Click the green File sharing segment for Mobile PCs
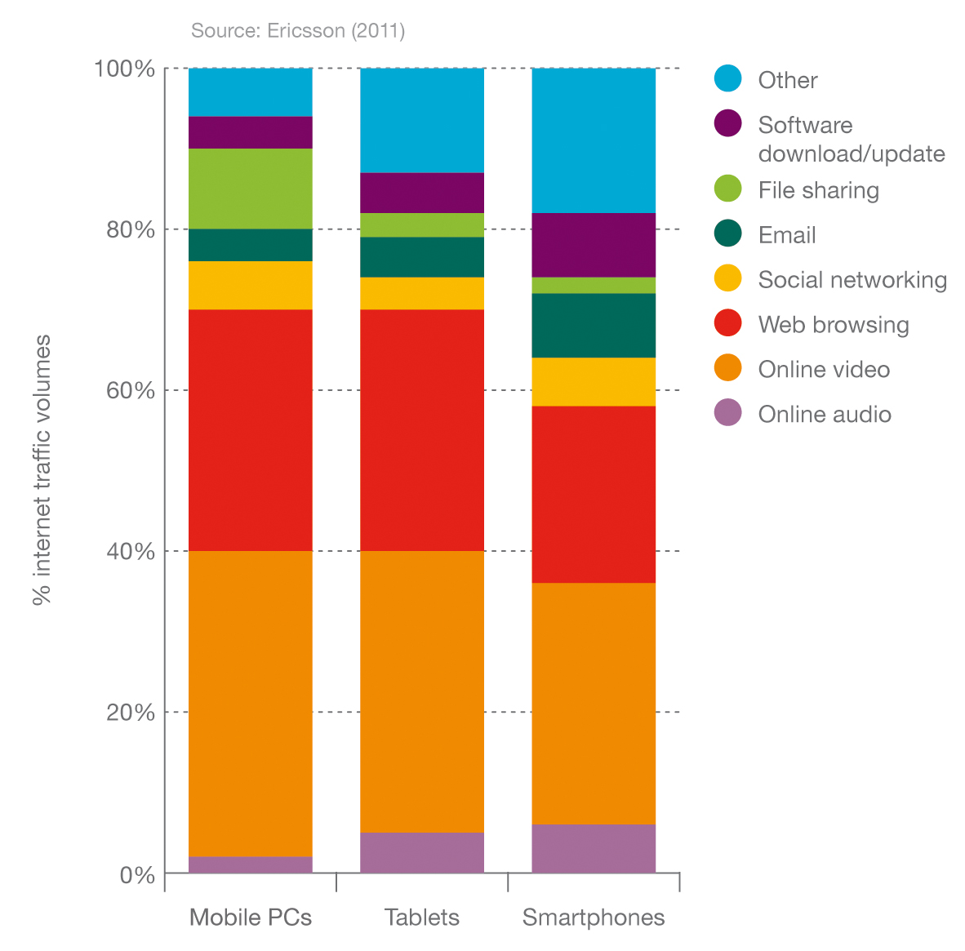point(250,189)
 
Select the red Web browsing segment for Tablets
point(422,430)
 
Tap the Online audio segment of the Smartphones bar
point(594,848)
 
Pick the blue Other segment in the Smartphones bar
point(594,140)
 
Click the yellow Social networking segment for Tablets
point(422,293)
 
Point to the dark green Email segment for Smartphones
point(594,325)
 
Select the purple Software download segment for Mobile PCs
point(250,132)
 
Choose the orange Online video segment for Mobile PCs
point(250,704)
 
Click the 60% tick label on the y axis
point(130,390)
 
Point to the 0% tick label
point(137,875)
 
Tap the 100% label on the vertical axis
point(125,69)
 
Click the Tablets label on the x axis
point(422,918)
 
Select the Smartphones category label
point(594,918)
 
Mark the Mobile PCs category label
point(250,918)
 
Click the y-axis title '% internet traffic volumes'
point(42,469)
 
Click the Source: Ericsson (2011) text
point(298,31)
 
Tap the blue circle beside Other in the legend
point(727,78)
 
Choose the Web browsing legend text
point(833,325)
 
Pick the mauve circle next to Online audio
point(727,413)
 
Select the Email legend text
point(786,235)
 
